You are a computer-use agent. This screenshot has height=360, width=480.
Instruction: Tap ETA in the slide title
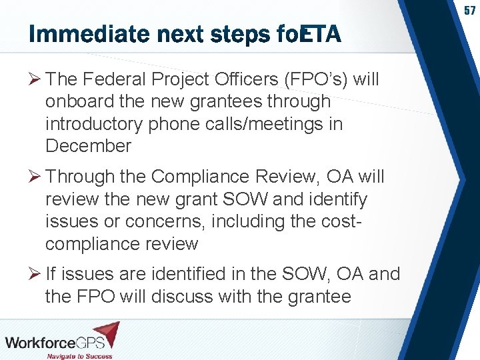tap(321, 34)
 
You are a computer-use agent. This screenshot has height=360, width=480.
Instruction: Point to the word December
tap(89, 146)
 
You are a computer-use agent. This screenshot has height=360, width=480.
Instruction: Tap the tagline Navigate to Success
tap(79, 355)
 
